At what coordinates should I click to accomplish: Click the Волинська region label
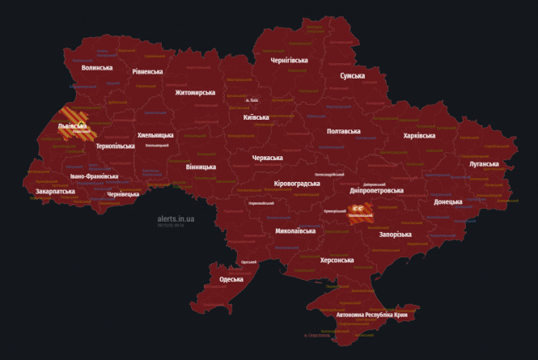pos(97,67)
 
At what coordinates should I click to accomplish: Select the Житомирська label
pos(195,92)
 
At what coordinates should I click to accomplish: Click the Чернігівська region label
pos(289,60)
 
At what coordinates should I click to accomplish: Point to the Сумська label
pos(352,75)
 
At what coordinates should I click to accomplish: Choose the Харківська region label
pos(419,135)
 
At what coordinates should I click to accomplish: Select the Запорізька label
pos(396,235)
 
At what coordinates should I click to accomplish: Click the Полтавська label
pos(343,130)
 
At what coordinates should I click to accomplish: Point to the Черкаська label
pos(267,158)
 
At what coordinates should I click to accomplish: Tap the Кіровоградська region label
pos(297,184)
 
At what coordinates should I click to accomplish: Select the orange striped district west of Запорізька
pos(360,212)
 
